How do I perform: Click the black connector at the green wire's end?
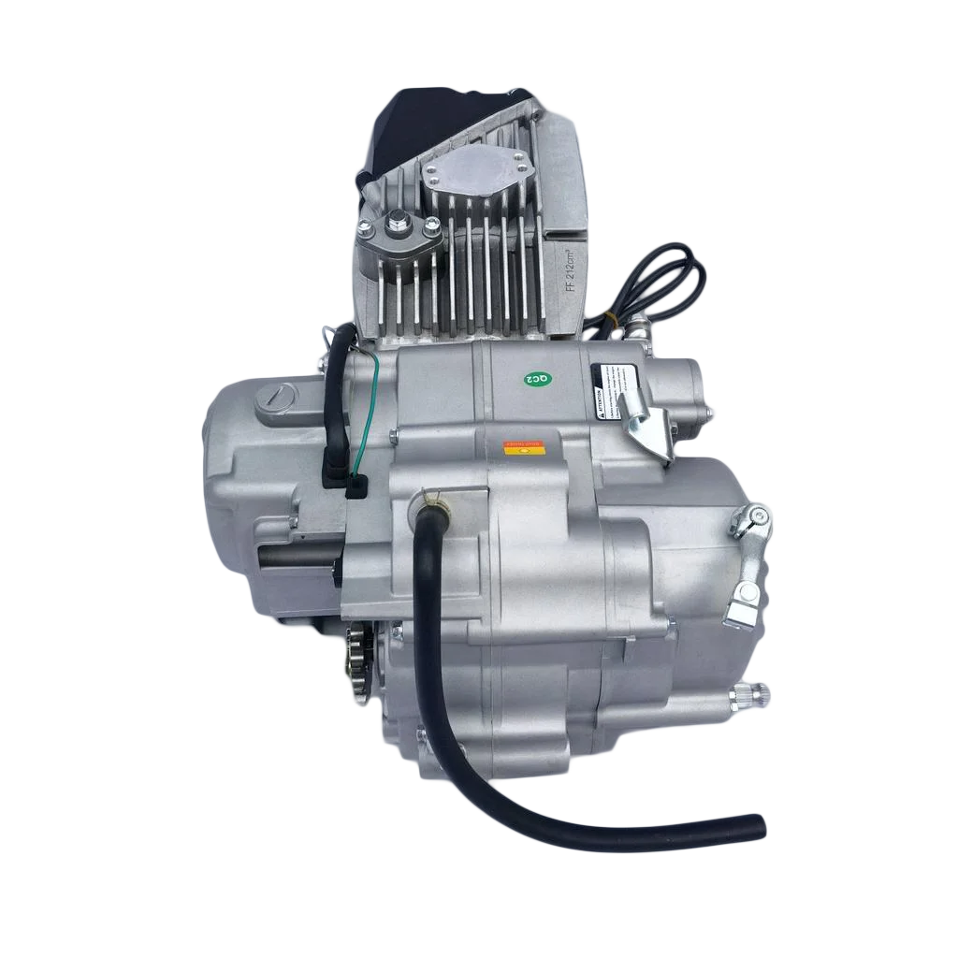click(356, 486)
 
